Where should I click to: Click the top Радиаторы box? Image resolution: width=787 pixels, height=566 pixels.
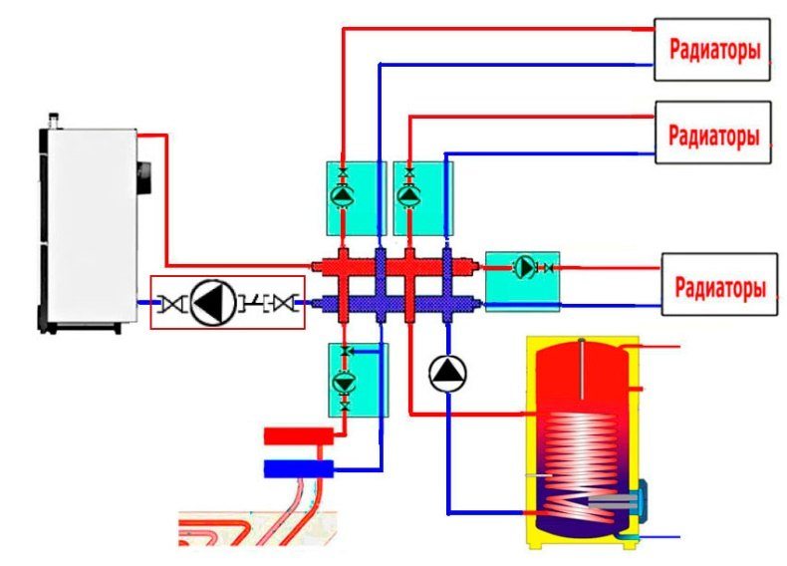(711, 49)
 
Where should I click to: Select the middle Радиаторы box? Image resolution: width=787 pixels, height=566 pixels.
(712, 133)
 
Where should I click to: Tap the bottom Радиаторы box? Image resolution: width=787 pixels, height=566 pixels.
(719, 284)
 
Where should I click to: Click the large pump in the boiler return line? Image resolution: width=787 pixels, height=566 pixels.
(213, 303)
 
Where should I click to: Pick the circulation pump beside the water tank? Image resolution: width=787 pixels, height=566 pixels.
(447, 374)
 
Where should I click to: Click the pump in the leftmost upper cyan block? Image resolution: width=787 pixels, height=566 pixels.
(344, 196)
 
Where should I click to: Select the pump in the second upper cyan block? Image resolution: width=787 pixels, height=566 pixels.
(409, 196)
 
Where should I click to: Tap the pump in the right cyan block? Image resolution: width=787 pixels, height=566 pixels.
(525, 267)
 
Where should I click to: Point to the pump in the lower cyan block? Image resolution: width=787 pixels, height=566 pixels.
(345, 383)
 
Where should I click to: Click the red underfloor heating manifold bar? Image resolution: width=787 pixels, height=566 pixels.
(299, 435)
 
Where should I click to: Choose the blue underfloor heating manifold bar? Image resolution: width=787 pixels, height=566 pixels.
(299, 468)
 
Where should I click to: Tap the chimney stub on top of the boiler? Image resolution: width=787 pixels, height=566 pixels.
(54, 121)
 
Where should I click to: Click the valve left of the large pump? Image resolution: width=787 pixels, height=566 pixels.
(170, 303)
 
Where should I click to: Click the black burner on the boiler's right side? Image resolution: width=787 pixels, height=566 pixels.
(144, 176)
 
